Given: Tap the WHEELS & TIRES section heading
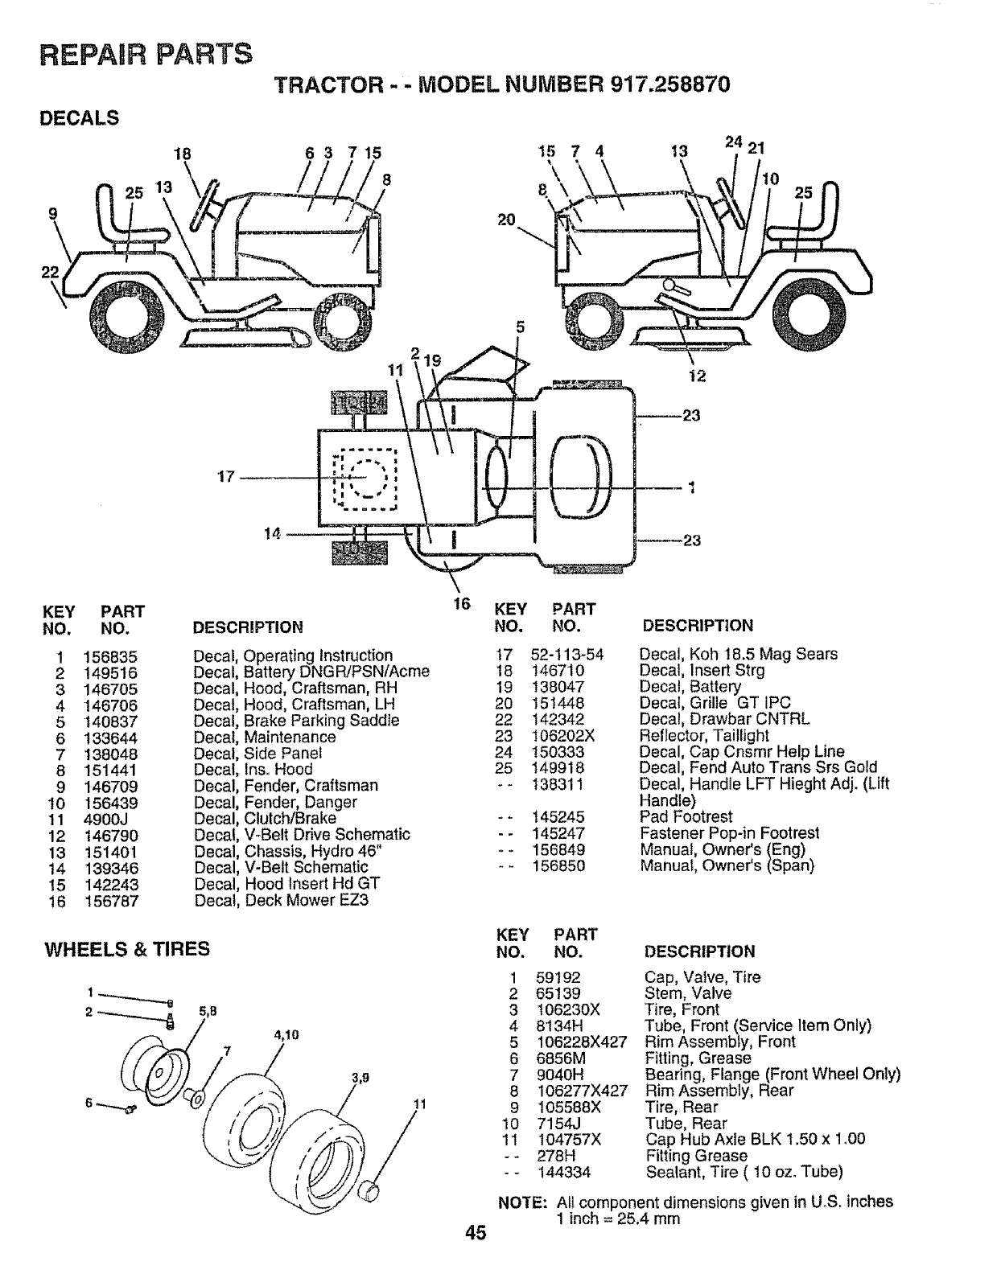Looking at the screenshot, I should click(x=127, y=949).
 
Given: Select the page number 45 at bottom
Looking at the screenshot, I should click(x=475, y=1256).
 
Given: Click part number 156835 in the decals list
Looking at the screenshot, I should click(x=111, y=656).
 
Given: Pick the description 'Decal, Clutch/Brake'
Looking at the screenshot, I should click(x=265, y=819).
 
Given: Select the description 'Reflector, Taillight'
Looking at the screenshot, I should click(x=704, y=736).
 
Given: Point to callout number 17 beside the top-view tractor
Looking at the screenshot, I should click(x=226, y=477).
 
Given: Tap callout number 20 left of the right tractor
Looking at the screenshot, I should click(x=506, y=220).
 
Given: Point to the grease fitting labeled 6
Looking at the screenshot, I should click(x=131, y=1110).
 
